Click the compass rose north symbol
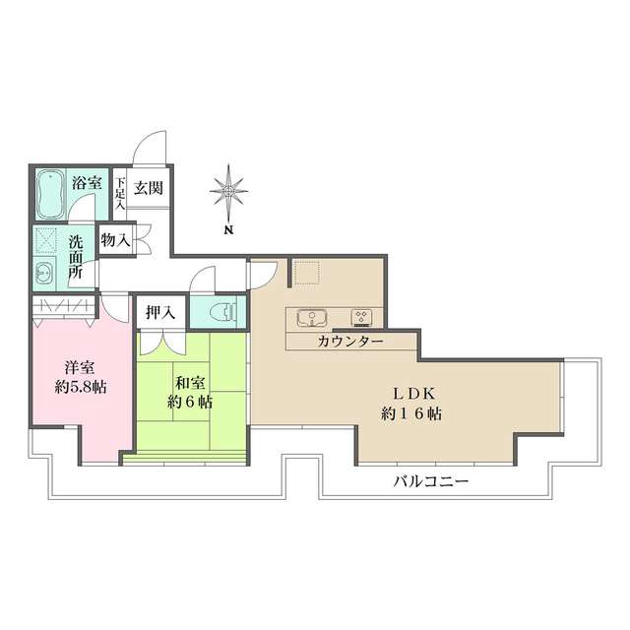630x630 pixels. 228,189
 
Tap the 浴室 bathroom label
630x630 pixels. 87,182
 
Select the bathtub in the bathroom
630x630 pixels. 50,196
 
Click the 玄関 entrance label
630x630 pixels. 149,187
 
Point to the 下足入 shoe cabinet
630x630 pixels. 119,192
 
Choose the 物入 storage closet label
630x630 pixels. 115,239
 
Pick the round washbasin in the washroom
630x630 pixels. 43,273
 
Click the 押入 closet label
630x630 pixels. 159,313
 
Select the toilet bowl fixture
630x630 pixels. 225,313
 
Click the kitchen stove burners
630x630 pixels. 361,317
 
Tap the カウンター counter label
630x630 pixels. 350,342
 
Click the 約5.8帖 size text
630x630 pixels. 80,387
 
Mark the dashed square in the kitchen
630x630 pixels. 307,271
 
